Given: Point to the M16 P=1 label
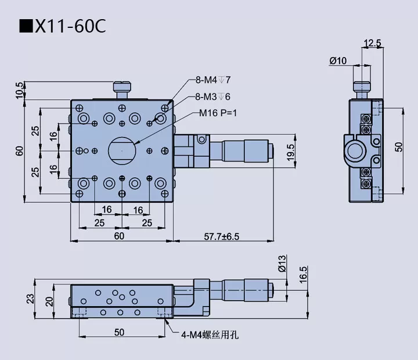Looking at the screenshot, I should (218, 113).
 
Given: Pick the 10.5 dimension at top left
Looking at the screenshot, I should (20, 89).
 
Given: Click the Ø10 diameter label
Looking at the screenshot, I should (337, 60).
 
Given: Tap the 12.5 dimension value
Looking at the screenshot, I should (372, 43).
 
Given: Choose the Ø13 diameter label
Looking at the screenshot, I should (282, 264).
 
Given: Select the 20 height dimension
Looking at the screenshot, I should (50, 301).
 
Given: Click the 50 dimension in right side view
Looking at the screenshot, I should (398, 146).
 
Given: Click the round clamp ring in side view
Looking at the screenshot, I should (355, 151).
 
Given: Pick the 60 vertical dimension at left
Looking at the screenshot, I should (20, 151).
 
